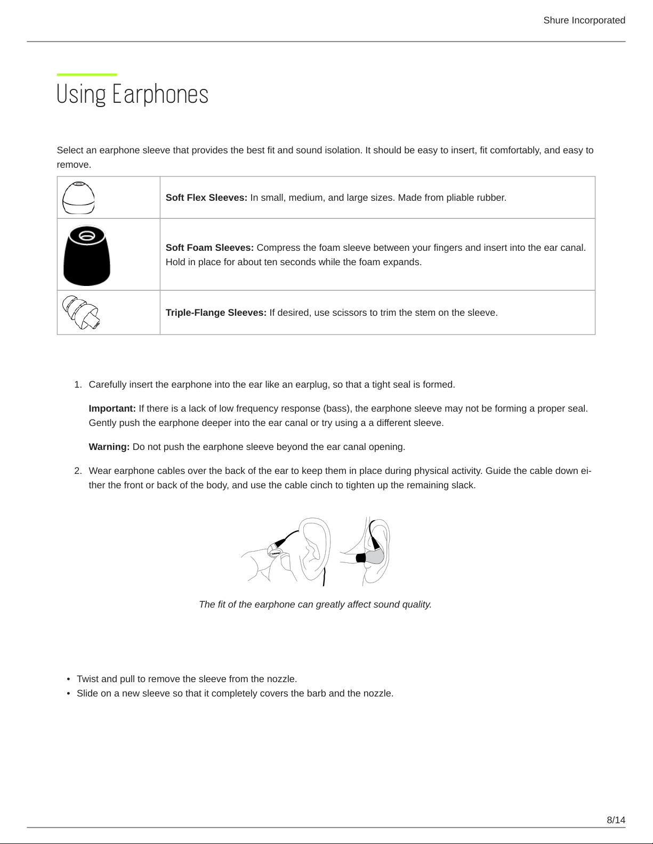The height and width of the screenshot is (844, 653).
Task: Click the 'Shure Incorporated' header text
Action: point(584,20)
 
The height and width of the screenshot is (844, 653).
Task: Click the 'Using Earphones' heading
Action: point(132,94)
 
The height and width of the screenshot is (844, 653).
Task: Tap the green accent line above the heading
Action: point(86,75)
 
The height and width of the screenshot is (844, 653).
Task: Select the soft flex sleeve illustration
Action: point(78,198)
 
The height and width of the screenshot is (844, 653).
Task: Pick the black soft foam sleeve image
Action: point(86,255)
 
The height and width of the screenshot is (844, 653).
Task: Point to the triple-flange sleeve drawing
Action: point(80,312)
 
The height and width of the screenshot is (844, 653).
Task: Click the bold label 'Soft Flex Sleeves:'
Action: point(206,198)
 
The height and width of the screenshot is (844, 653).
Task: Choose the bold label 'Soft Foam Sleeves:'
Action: point(209,248)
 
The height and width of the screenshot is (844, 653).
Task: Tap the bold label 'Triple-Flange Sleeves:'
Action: point(216,313)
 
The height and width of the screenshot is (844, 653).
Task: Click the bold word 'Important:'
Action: point(112,408)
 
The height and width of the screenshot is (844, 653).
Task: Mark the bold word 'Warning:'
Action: point(109,447)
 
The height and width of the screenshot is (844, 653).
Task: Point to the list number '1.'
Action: point(78,384)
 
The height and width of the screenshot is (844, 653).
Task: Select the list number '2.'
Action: point(78,471)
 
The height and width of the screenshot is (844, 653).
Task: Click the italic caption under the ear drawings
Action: point(315,604)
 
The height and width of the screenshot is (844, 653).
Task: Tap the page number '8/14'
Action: point(616,820)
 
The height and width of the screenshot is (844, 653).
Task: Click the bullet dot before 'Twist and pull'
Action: point(69,679)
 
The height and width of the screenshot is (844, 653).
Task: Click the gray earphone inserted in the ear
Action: point(373,557)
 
